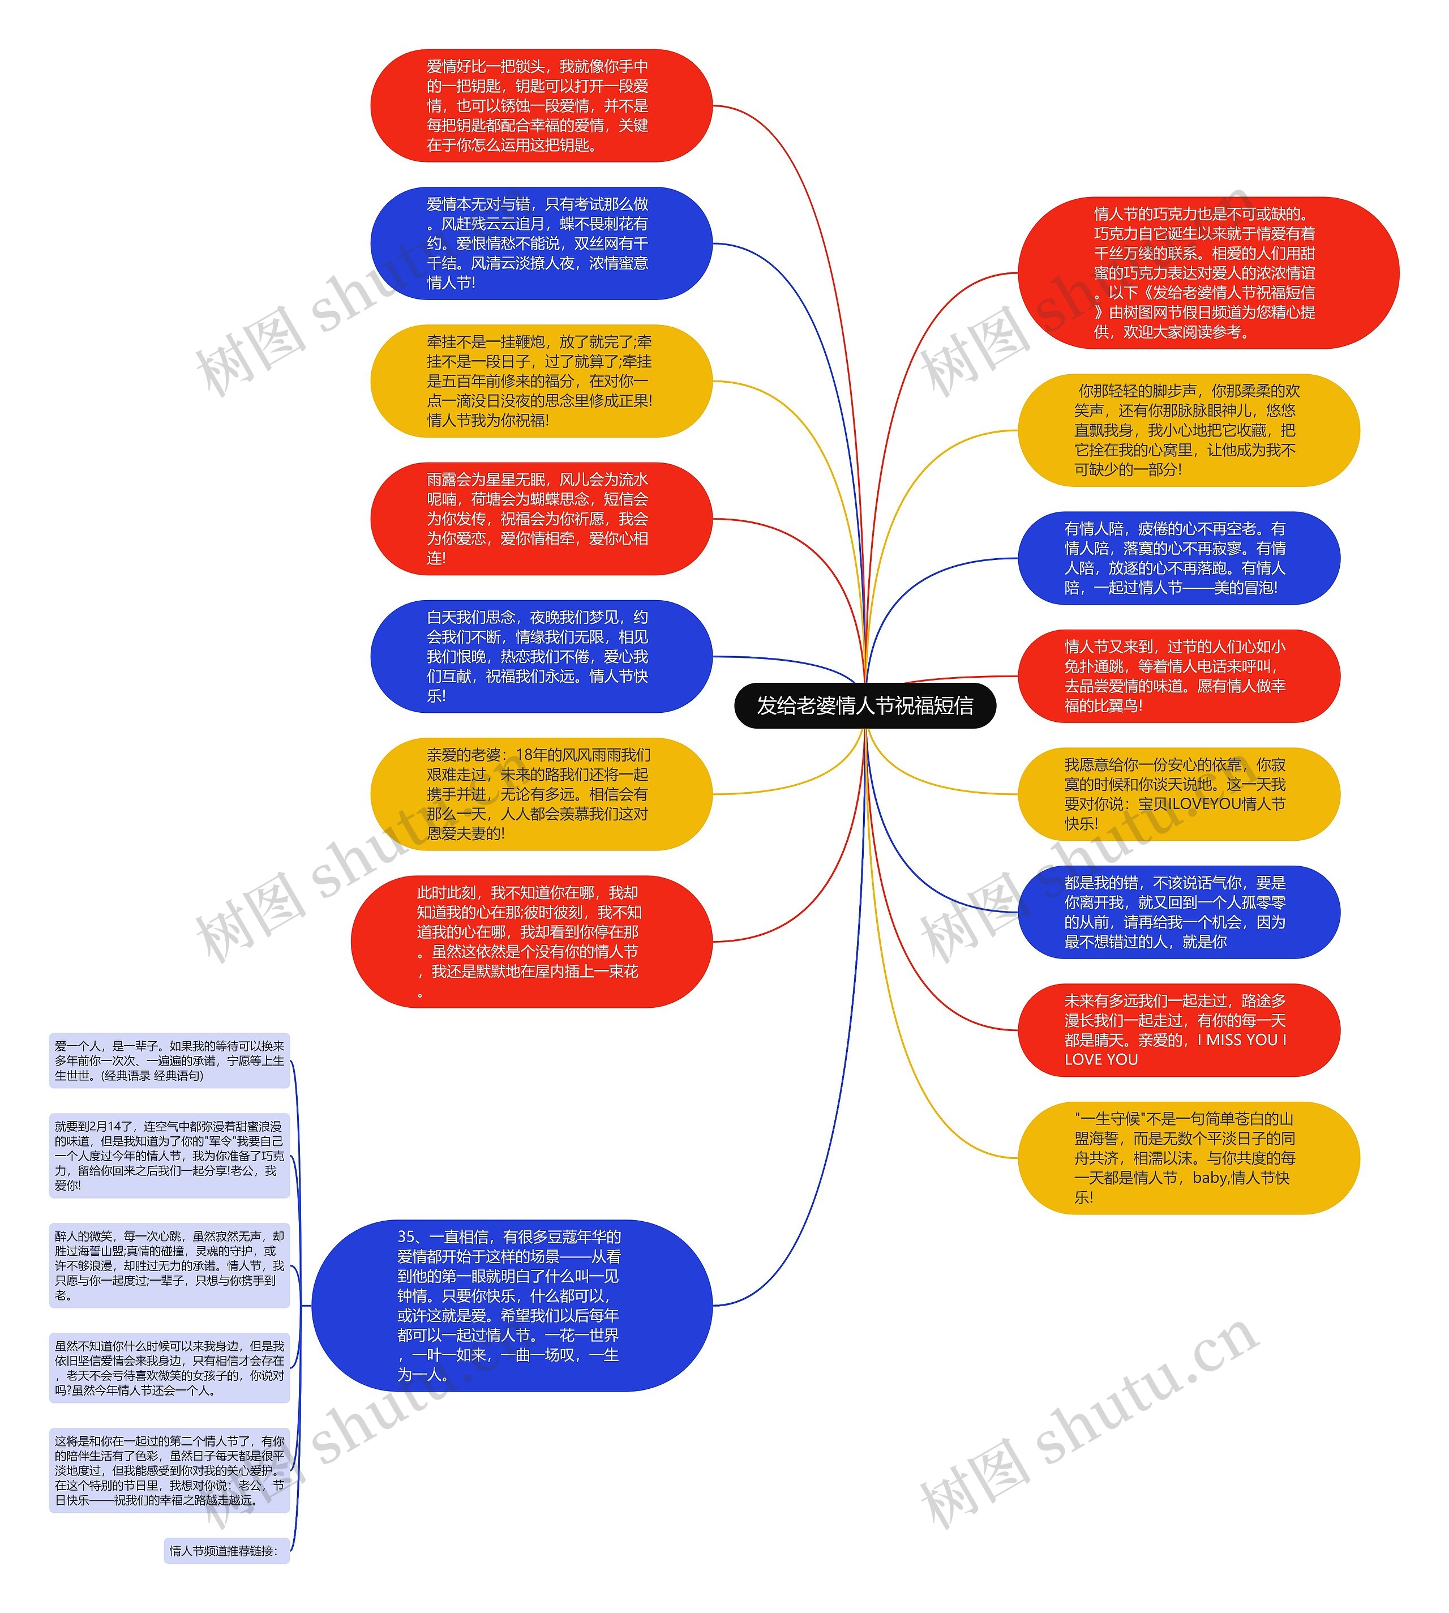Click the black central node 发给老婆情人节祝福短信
click(865, 705)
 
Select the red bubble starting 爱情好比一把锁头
click(541, 106)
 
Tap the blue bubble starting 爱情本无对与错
click(541, 243)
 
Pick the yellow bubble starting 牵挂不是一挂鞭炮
click(541, 382)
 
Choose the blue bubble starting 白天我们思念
click(541, 657)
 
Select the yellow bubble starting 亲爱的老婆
click(541, 794)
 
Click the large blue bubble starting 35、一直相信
click(511, 1306)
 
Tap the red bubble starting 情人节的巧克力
click(1208, 273)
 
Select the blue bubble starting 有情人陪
click(1178, 558)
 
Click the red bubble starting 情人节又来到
click(1178, 677)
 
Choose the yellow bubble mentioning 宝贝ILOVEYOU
click(1178, 794)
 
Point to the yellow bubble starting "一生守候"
click(1188, 1158)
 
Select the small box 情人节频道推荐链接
click(226, 1551)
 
